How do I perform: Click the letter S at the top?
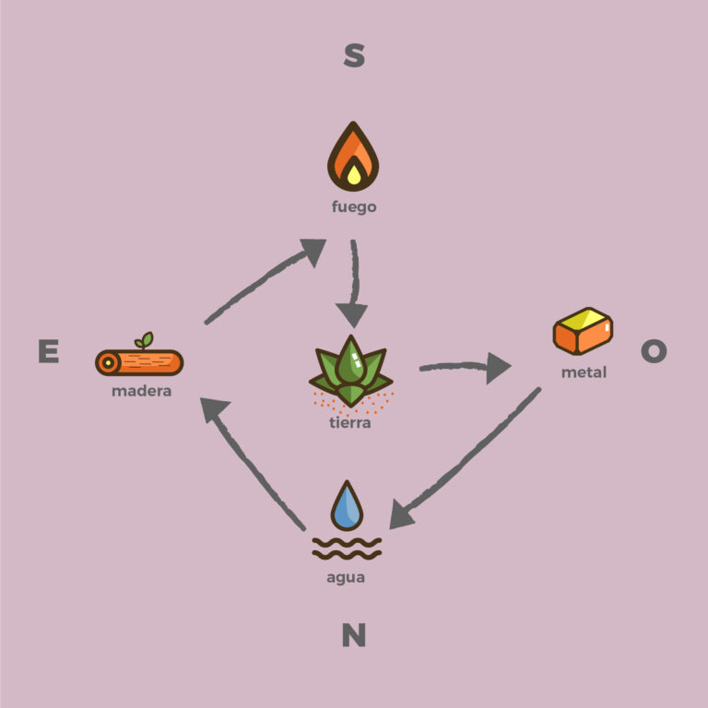coord(354,55)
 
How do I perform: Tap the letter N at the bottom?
coord(354,635)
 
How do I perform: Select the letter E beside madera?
coord(48,351)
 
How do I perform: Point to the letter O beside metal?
coord(654,350)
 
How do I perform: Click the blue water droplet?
coord(348,505)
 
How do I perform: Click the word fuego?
coord(354,207)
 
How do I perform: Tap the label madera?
coord(141,391)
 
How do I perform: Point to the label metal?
coord(584,373)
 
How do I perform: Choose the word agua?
coord(346,578)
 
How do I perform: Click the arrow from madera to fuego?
coord(263,282)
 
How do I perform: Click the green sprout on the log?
coord(144,340)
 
